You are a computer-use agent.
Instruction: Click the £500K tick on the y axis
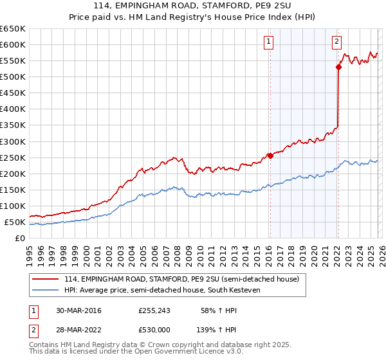(x=12, y=76)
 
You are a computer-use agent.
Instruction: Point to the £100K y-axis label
(x=12, y=206)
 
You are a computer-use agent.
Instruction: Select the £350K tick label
(x=12, y=125)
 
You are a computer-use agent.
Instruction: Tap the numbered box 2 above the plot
(x=336, y=42)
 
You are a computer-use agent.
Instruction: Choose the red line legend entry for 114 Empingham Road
(x=181, y=279)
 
